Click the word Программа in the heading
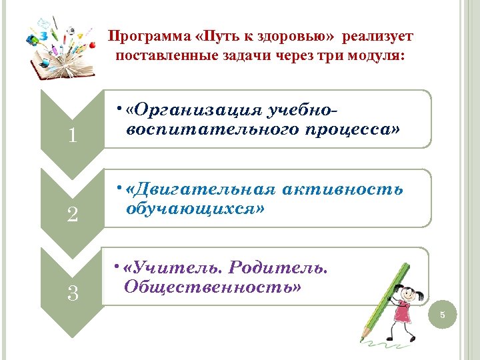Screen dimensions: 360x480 click(139, 35)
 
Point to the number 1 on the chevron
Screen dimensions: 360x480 click(73, 137)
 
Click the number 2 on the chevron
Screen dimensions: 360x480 click(73, 215)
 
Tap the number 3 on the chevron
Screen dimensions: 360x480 click(73, 293)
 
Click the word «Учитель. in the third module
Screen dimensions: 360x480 click(173, 267)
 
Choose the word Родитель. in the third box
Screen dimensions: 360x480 click(278, 267)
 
